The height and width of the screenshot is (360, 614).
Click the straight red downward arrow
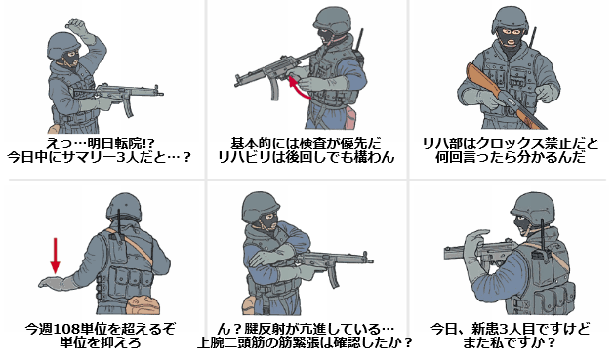click(x=56, y=256)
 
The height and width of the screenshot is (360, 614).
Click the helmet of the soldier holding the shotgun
click(x=509, y=20)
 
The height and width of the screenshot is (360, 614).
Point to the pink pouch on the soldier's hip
click(x=349, y=118)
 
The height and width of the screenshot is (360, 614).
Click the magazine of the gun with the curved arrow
click(x=274, y=89)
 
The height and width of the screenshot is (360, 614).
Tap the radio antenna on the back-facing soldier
click(x=120, y=221)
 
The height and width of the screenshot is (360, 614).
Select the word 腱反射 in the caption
click(x=258, y=329)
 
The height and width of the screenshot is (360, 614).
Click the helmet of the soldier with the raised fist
click(x=63, y=46)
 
